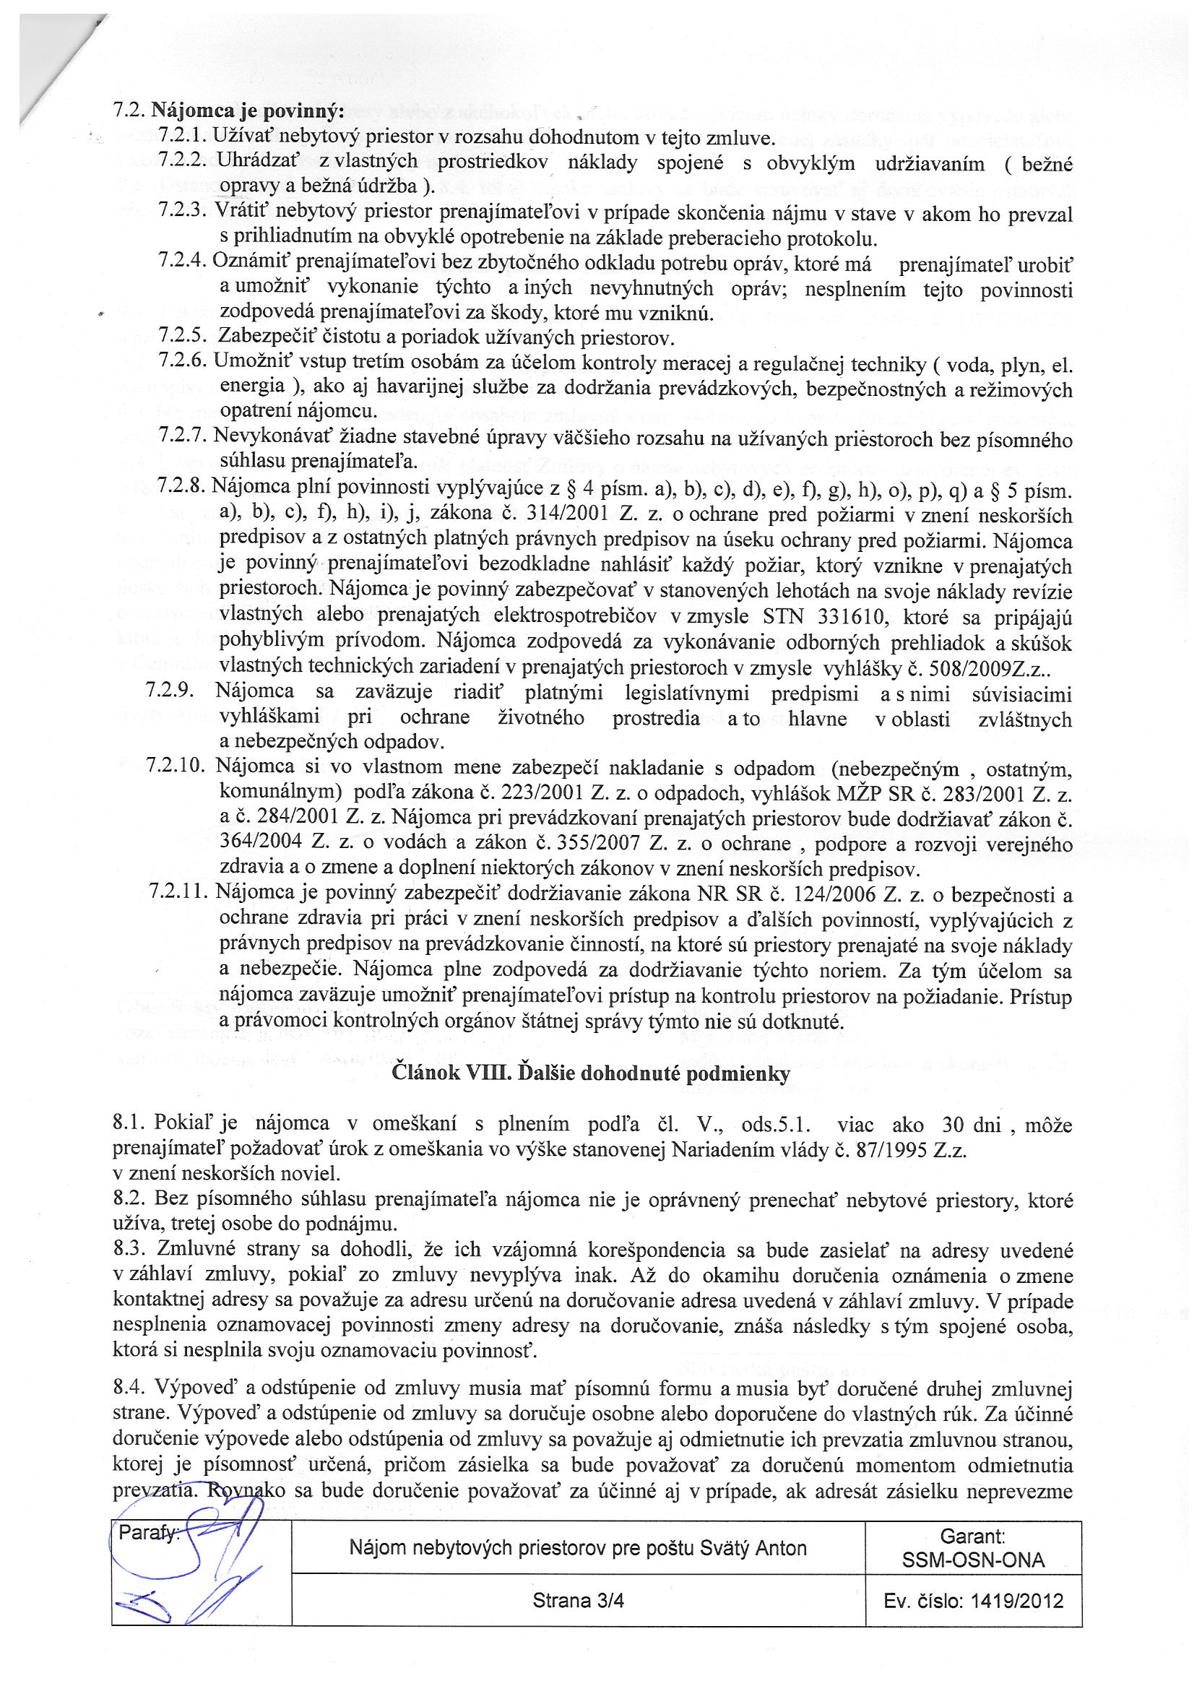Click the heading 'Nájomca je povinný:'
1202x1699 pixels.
(x=247, y=111)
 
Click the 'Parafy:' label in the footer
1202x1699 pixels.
(x=147, y=1533)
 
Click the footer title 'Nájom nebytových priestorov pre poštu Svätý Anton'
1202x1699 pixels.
(x=577, y=1548)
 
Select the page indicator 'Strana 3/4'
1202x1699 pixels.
(x=577, y=1601)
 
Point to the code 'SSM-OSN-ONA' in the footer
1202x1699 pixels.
(x=972, y=1560)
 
